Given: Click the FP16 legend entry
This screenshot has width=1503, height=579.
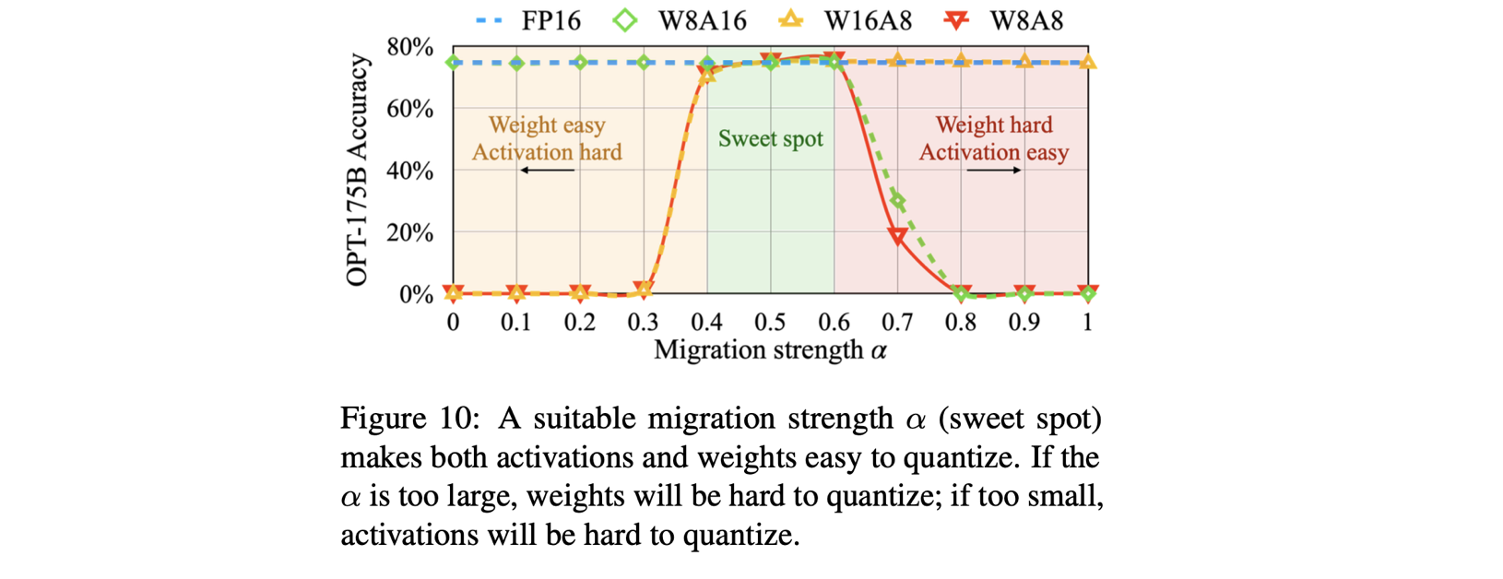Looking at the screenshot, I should tap(528, 20).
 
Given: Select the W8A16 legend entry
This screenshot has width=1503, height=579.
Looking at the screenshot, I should tap(680, 20).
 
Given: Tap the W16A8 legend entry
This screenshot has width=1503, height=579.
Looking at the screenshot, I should tap(845, 20).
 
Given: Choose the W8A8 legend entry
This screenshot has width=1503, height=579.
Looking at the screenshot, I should tap(1005, 20).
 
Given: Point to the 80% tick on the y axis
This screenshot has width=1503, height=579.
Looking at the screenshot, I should tap(410, 47).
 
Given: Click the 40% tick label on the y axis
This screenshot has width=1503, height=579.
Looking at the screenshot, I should tap(410, 171).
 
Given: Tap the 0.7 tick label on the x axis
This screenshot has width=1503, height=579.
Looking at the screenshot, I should tap(897, 322).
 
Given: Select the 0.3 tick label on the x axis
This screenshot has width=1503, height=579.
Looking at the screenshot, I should tap(644, 322).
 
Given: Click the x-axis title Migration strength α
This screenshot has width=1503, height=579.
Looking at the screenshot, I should tap(770, 350).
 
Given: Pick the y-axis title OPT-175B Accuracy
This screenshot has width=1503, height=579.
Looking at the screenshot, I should tap(357, 171).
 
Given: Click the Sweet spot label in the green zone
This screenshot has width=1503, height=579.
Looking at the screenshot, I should tap(770, 139).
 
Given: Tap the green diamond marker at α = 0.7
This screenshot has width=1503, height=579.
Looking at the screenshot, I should tap(898, 200).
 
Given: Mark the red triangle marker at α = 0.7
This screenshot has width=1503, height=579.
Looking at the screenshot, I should tap(897, 237).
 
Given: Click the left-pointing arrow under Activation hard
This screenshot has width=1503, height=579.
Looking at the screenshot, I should tap(547, 171).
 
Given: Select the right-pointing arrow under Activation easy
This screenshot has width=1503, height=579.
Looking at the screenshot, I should tap(994, 171).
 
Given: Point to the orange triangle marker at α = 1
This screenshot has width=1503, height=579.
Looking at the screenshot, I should tap(1088, 62).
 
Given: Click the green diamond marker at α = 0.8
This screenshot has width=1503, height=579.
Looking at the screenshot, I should tap(962, 293).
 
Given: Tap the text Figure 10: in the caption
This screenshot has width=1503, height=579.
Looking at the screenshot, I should tap(409, 419).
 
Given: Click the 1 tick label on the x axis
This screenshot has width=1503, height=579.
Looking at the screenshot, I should tap(1088, 322).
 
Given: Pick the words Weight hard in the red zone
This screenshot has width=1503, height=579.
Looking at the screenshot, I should tap(993, 125).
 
